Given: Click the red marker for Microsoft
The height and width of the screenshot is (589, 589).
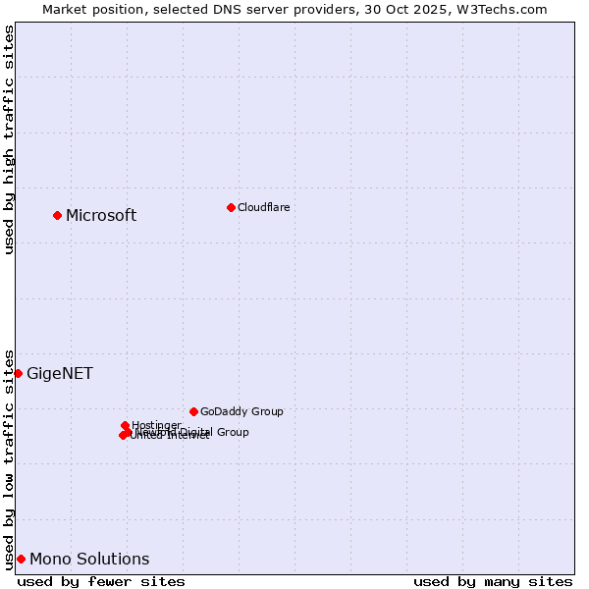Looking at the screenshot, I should [57, 215].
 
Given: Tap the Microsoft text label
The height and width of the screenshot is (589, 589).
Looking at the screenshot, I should [101, 216].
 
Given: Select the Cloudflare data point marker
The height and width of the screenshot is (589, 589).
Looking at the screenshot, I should [231, 207].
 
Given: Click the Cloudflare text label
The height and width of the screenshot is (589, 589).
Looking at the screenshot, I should [263, 207].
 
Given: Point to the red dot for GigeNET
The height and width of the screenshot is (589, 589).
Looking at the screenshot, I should [18, 373].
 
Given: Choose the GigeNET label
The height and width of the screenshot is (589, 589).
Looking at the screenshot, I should [60, 374].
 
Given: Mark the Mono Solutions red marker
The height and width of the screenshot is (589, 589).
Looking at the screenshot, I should [21, 559].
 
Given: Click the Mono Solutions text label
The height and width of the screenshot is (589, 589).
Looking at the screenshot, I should [89, 560].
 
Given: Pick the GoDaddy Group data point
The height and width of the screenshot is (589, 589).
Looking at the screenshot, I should [193, 411].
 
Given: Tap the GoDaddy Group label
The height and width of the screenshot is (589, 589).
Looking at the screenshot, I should [241, 411].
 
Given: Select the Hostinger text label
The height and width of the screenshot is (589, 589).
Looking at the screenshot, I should [156, 425].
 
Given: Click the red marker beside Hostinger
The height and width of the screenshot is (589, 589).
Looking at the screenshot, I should [125, 425].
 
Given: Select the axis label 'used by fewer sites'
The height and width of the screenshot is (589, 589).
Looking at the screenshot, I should [101, 581].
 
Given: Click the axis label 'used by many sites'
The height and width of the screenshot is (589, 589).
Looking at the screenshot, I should [493, 581].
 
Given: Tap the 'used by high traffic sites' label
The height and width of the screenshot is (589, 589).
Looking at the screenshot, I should [9, 139].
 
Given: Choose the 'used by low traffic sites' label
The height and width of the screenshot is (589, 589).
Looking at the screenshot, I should [9, 458].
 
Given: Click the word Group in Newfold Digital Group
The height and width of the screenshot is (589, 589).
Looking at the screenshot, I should [232, 432].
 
